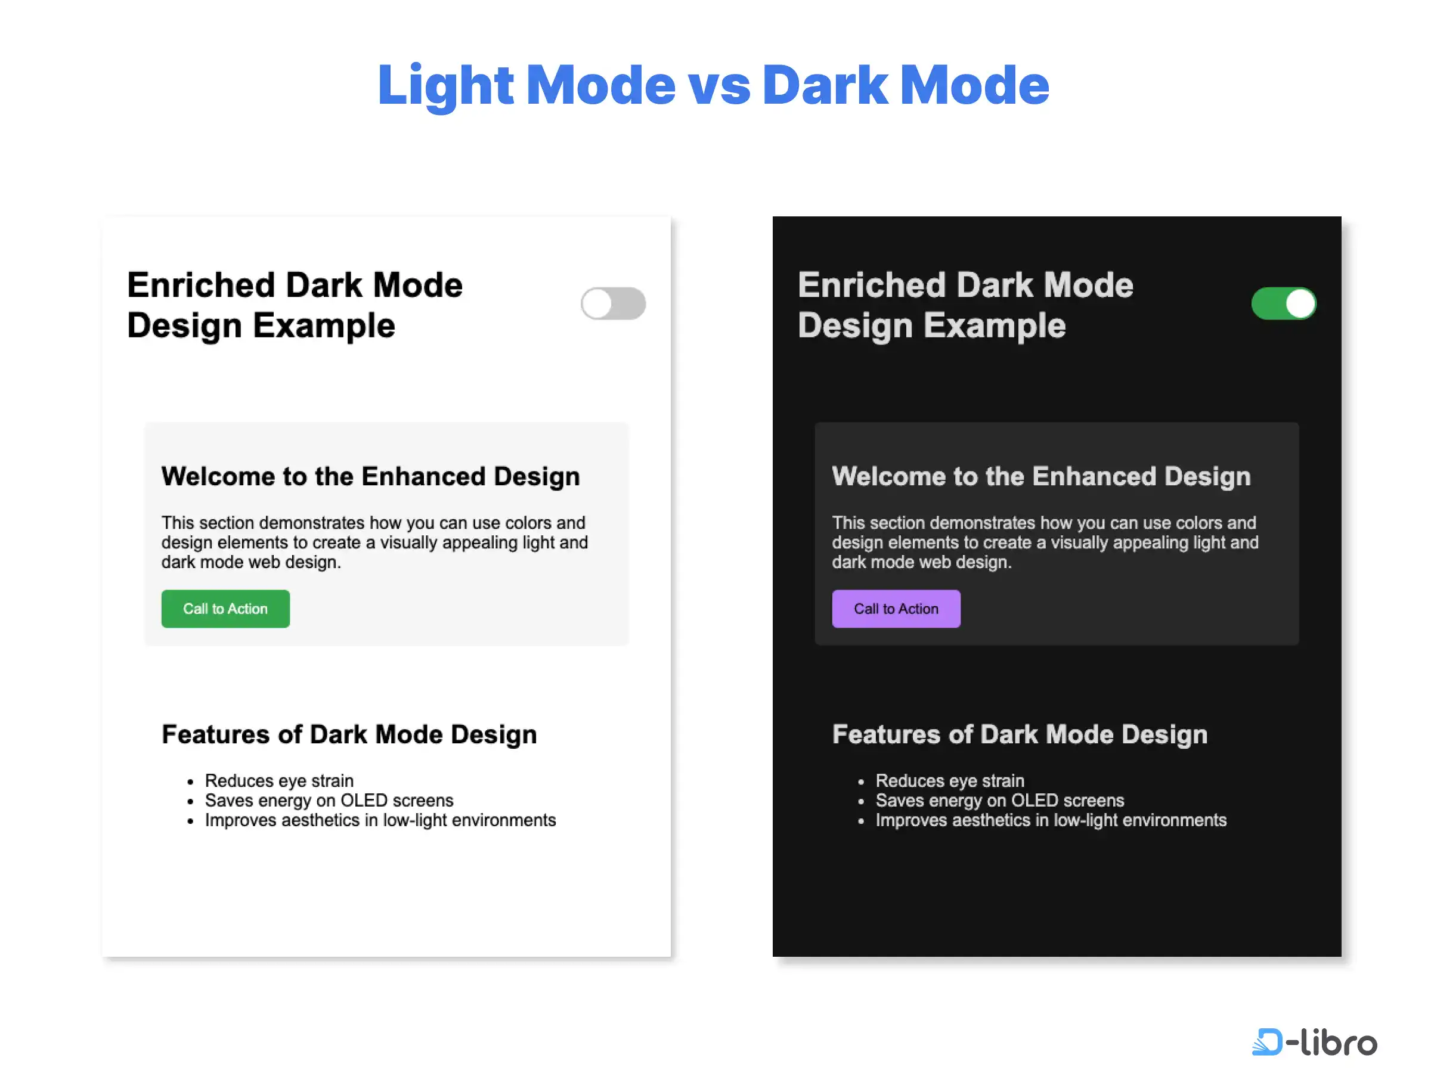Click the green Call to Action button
[x=226, y=609]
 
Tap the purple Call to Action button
[x=896, y=609]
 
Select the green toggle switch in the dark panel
[x=1284, y=303]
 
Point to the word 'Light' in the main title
[x=446, y=85]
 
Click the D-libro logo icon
[x=1266, y=1041]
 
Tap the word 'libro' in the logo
[x=1339, y=1041]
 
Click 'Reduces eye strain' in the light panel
[x=280, y=781]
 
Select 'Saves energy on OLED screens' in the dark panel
[x=1000, y=801]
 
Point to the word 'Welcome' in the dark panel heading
[x=889, y=477]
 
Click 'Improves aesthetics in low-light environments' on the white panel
[x=380, y=820]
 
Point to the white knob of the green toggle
[x=1300, y=303]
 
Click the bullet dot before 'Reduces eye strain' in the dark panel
[x=861, y=782]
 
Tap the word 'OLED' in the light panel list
[x=364, y=801]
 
